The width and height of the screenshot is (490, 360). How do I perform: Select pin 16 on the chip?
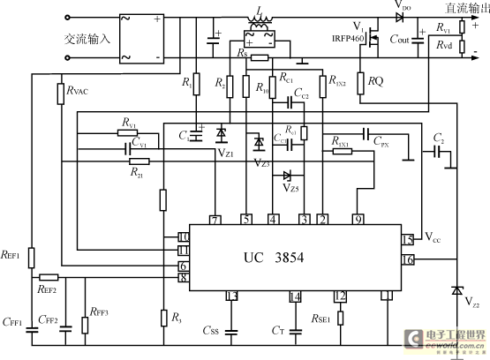point(407,259)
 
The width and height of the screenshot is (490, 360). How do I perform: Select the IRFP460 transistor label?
point(350,39)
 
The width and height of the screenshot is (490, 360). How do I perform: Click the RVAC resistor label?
point(77,91)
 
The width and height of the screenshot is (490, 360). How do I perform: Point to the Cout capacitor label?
point(400,40)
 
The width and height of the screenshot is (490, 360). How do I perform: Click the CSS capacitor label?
point(211,331)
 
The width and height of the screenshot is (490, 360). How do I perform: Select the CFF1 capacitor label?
point(12,322)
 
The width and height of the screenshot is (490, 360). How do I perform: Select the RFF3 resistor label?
point(99,311)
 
